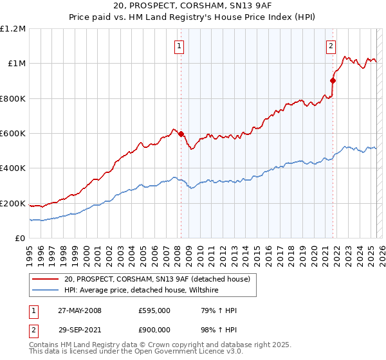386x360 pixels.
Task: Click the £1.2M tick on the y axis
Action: pos(13,29)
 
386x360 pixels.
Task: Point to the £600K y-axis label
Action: pos(13,134)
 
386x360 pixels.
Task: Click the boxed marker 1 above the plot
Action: pos(178,46)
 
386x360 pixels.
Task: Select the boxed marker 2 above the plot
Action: pos(331,46)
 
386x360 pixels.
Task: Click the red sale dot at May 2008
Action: pos(181,134)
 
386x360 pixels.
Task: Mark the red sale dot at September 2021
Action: pos(333,81)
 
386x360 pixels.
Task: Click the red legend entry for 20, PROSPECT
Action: pos(161,279)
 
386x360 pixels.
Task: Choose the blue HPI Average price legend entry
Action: pos(141,291)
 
